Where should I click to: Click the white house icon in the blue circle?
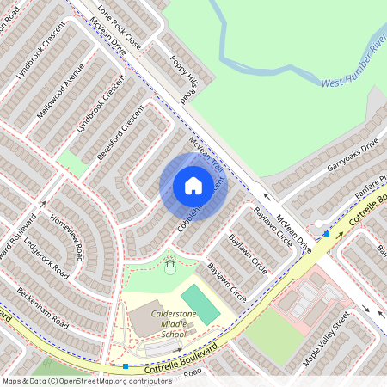tap(193, 185)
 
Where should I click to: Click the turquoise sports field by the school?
tap(200, 304)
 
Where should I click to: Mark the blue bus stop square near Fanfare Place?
tap(326, 232)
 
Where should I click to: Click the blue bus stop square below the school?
tap(126, 366)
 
